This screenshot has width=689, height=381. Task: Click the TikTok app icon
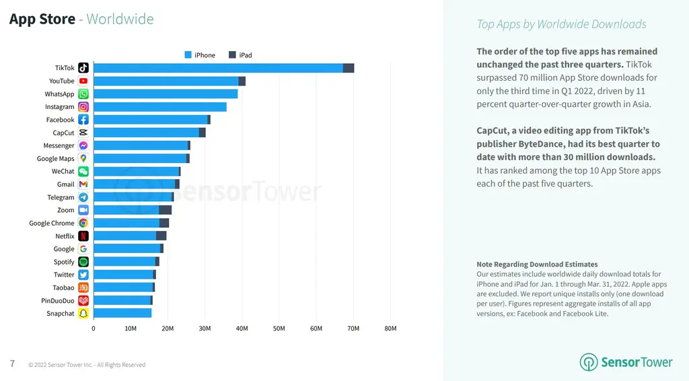click(83, 68)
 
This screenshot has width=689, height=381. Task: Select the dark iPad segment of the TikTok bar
click(349, 68)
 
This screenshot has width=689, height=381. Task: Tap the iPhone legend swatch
click(188, 55)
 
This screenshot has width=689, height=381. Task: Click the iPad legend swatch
click(233, 55)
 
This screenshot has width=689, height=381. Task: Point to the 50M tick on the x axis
click(279, 328)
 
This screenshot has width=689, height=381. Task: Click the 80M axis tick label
click(390, 328)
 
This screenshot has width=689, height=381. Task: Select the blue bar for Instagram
click(159, 107)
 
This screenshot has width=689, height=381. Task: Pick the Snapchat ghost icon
click(83, 314)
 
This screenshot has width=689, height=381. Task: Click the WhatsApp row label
click(59, 94)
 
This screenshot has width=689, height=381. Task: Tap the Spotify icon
click(83, 262)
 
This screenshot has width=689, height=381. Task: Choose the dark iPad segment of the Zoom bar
click(166, 210)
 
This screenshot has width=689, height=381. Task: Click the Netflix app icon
click(83, 236)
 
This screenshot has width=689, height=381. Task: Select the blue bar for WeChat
click(136, 172)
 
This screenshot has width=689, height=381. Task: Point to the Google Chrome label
click(52, 223)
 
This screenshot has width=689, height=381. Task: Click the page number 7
click(12, 364)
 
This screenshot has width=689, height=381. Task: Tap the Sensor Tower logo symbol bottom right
click(589, 362)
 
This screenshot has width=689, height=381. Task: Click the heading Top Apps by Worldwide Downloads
click(561, 24)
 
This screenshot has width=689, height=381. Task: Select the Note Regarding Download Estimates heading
click(537, 265)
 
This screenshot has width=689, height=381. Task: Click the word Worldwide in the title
click(120, 19)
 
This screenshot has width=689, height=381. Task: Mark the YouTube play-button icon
click(83, 81)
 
